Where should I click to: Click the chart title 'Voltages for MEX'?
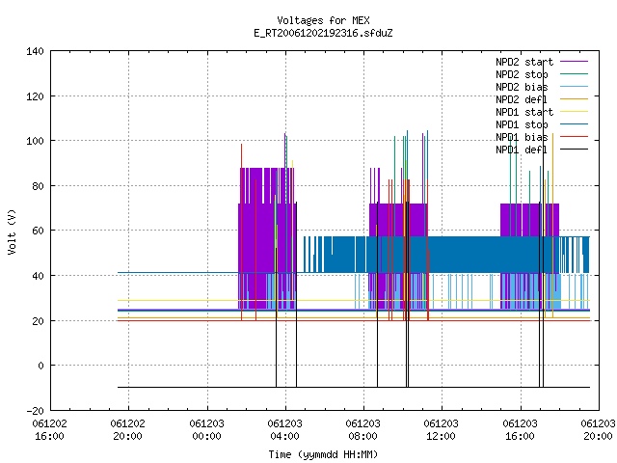pyautogui.click(x=323, y=20)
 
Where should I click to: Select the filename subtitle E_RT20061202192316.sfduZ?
pyautogui.click(x=323, y=33)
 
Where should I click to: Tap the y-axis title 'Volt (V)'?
pyautogui.click(x=12, y=231)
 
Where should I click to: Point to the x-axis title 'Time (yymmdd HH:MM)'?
pyautogui.click(x=323, y=454)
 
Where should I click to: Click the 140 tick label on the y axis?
pyautogui.click(x=35, y=51)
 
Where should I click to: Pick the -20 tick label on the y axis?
pyautogui.click(x=35, y=411)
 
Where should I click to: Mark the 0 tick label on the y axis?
pyautogui.click(x=40, y=366)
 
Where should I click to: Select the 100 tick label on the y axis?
pyautogui.click(x=35, y=141)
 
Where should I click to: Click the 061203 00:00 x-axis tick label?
pyautogui.click(x=206, y=429)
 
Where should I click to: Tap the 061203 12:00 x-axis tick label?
pyautogui.click(x=442, y=429)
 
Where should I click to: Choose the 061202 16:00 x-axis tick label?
pyautogui.click(x=49, y=429)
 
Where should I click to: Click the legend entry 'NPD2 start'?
pyautogui.click(x=524, y=62)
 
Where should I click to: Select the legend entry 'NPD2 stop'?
pyautogui.click(x=522, y=74)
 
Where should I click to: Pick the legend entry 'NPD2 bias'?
pyautogui.click(x=522, y=87)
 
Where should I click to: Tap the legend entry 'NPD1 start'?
pyautogui.click(x=524, y=112)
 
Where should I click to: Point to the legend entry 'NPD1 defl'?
pyautogui.click(x=522, y=150)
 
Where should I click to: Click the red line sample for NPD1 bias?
pyautogui.click(x=575, y=137)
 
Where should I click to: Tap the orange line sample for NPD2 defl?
pyautogui.click(x=575, y=98)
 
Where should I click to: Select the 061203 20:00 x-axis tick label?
pyautogui.click(x=598, y=429)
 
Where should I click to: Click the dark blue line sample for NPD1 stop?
pyautogui.click(x=575, y=124)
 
